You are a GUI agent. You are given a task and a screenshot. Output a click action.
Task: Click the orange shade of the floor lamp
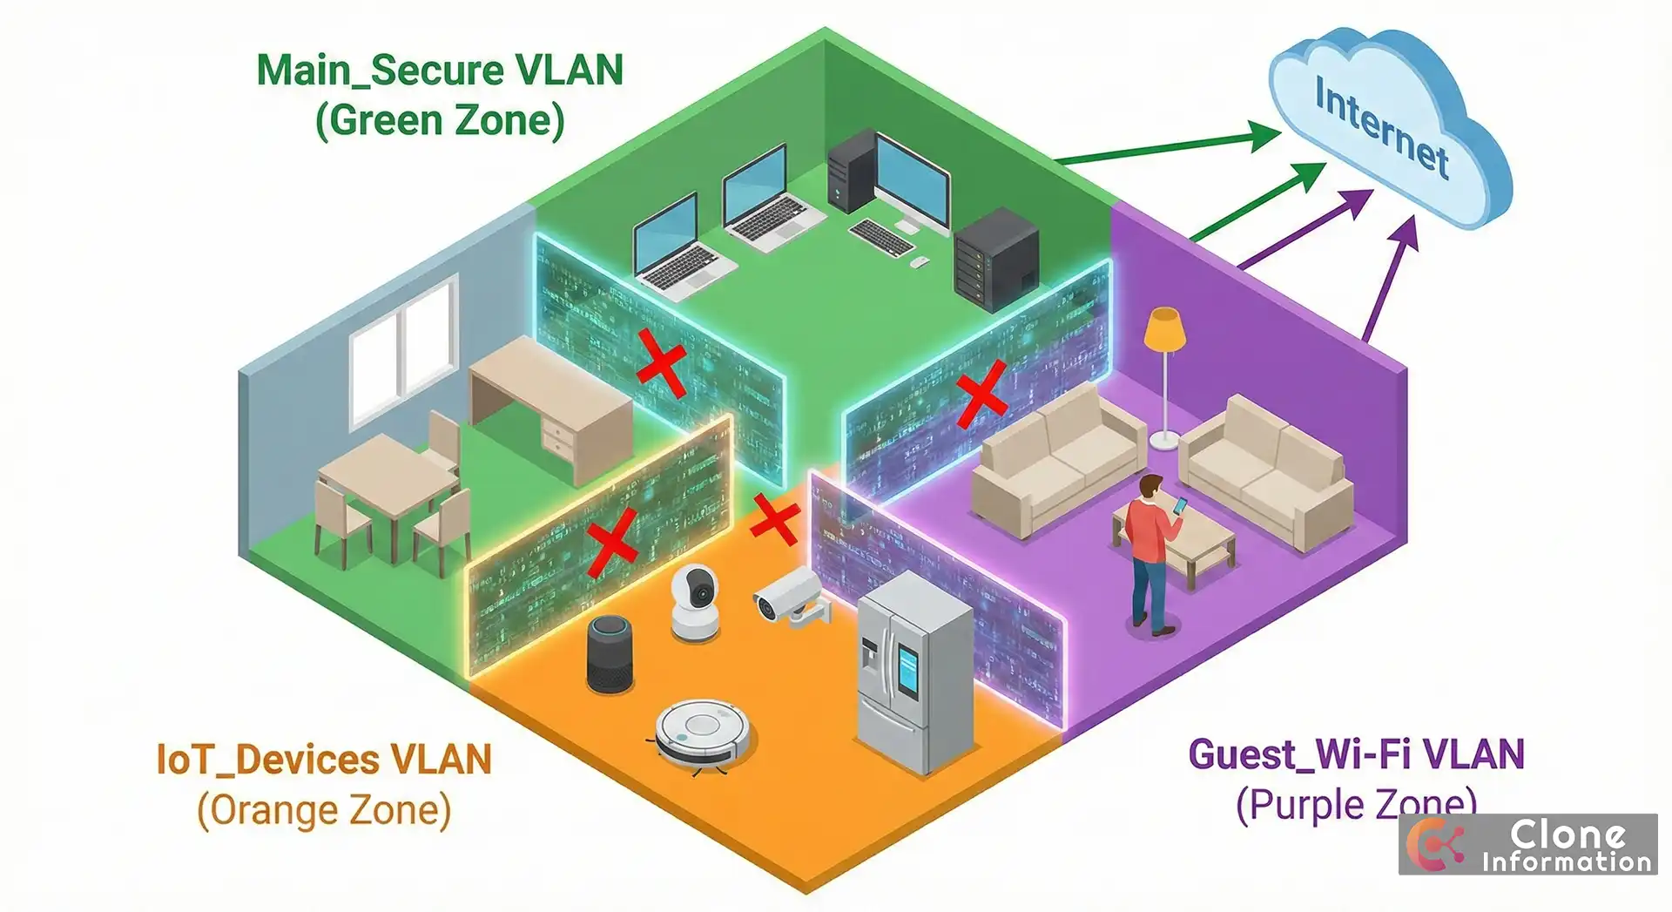[x=1164, y=331]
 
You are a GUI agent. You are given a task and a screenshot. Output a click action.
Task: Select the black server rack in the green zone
[x=996, y=258]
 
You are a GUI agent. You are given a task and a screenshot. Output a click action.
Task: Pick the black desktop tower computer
[x=850, y=169]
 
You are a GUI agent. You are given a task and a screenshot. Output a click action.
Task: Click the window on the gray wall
[x=404, y=353]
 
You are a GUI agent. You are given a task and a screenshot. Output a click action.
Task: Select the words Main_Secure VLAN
[x=440, y=71]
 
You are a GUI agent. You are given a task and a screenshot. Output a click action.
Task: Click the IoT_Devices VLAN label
[x=324, y=760]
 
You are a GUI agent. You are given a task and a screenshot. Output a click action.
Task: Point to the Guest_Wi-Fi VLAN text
[x=1356, y=754]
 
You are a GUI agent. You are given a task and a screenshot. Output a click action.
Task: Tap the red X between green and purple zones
[x=981, y=395]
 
